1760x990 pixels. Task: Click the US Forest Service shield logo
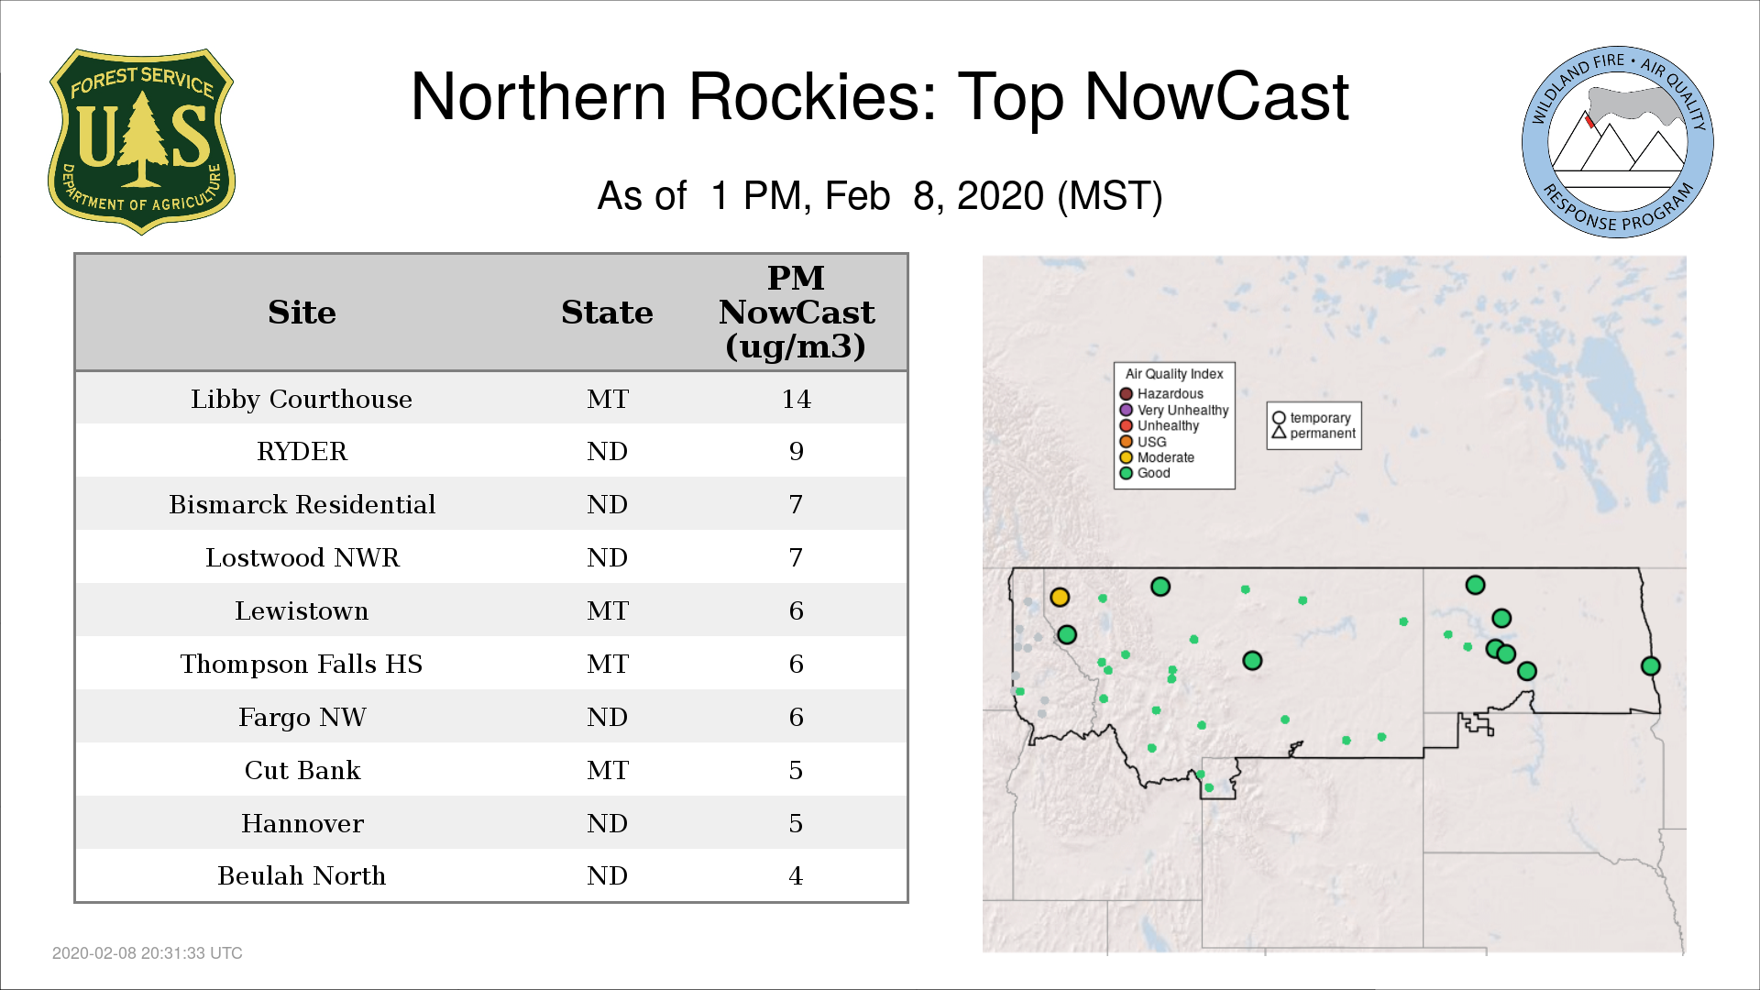141,141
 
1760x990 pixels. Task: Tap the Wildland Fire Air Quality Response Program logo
1617,142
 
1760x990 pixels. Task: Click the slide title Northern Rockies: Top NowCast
879,96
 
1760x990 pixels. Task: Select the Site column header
302,313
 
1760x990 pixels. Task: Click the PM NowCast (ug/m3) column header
796,312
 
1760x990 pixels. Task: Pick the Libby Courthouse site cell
302,400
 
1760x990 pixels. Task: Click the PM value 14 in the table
796,400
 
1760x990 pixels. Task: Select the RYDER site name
302,452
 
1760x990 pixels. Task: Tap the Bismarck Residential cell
302,505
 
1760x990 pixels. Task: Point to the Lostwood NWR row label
302,558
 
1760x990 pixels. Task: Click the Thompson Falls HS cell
302,664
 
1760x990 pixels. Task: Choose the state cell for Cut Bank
608,770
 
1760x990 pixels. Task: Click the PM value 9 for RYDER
796,452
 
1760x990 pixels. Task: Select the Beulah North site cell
302,876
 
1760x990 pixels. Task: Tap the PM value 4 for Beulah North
796,876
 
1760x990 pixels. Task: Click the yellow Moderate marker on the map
1060,597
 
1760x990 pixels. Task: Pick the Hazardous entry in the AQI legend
1161,394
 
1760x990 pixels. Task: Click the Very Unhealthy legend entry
1174,410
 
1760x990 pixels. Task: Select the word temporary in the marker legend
1320,418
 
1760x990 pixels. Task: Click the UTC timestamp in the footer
148,953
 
